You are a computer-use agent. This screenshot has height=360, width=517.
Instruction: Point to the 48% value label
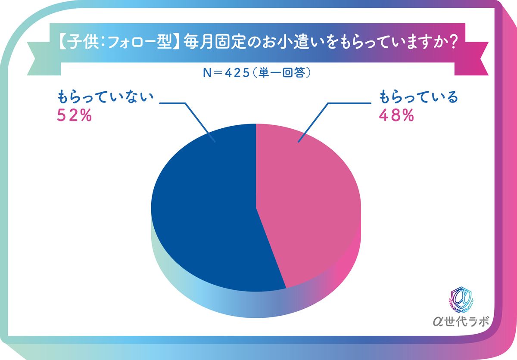(396, 115)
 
